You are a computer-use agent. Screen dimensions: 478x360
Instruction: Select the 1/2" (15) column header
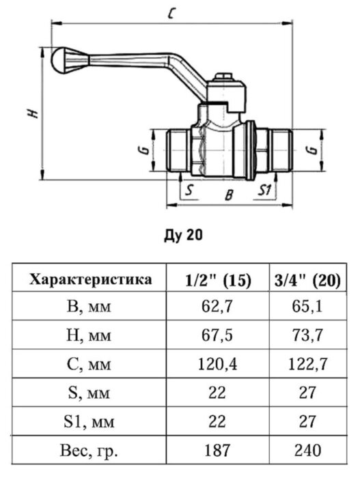[x=219, y=280]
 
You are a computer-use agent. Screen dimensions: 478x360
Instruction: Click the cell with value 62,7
[x=219, y=309]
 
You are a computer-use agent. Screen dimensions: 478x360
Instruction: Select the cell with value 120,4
[x=219, y=365]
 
